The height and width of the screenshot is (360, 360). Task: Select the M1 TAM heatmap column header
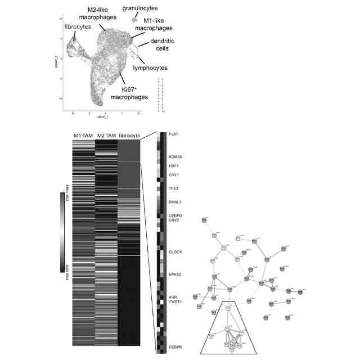point(83,136)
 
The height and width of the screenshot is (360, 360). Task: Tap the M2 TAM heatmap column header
point(106,136)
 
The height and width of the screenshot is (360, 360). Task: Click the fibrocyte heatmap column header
point(130,136)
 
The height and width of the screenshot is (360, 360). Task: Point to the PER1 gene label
point(174,134)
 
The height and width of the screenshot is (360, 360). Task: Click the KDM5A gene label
point(175,157)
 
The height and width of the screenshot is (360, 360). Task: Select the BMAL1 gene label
point(175,201)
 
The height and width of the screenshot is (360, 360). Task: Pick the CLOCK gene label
point(175,252)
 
